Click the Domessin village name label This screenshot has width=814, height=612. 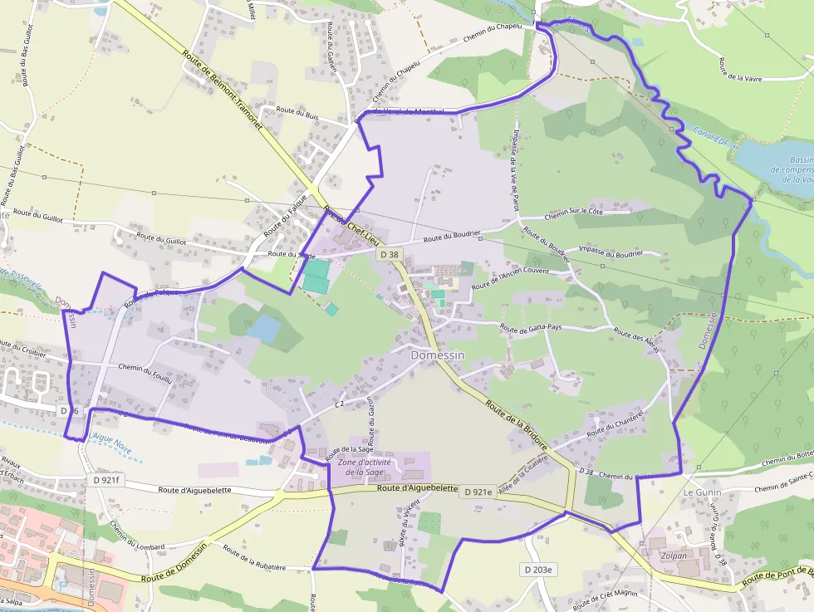pyautogui.click(x=437, y=354)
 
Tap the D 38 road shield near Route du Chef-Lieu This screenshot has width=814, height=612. pyautogui.click(x=387, y=254)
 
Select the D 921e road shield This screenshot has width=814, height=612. pyautogui.click(x=478, y=492)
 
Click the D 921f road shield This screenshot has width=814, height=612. pyautogui.click(x=106, y=480)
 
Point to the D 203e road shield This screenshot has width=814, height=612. pyautogui.click(x=539, y=570)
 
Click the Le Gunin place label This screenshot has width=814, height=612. pyautogui.click(x=703, y=492)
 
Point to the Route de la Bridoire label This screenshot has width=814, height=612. pyautogui.click(x=517, y=424)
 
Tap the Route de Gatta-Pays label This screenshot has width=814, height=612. pyautogui.click(x=531, y=328)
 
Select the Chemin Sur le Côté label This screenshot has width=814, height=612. pyautogui.click(x=573, y=213)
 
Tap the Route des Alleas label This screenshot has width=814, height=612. pyautogui.click(x=635, y=340)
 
